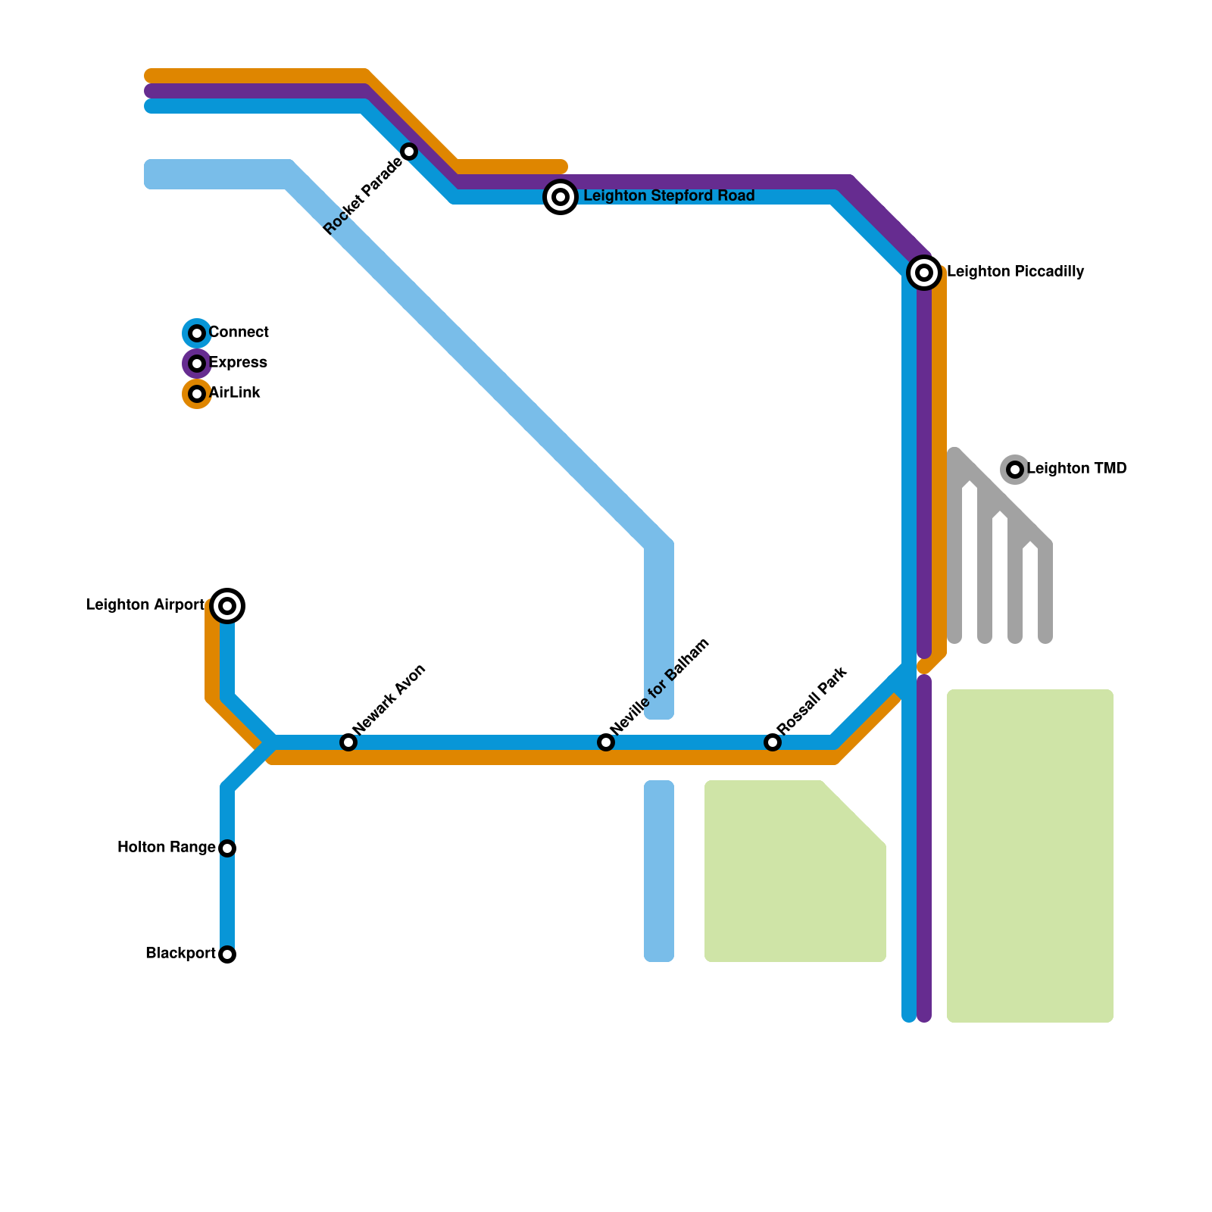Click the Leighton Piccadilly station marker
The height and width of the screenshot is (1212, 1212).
pyautogui.click(x=924, y=273)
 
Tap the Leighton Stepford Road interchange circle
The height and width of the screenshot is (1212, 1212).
pyautogui.click(x=561, y=197)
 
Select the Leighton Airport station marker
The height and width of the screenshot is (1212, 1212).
pyautogui.click(x=227, y=606)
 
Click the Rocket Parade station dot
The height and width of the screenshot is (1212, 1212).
pyautogui.click(x=409, y=151)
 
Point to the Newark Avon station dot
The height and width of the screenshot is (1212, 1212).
pyautogui.click(x=348, y=742)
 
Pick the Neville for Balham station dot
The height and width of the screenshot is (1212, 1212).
pyautogui.click(x=606, y=742)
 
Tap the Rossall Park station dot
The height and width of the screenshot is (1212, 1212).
pyautogui.click(x=773, y=742)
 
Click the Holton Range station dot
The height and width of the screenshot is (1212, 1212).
pyautogui.click(x=227, y=848)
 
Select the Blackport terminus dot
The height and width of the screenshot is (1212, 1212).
pyautogui.click(x=227, y=954)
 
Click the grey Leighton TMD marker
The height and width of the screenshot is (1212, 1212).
pyautogui.click(x=1015, y=470)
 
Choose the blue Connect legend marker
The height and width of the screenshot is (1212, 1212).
pyautogui.click(x=197, y=333)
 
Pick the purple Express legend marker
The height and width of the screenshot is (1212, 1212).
pyautogui.click(x=197, y=364)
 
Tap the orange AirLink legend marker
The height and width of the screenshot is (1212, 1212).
pyautogui.click(x=197, y=394)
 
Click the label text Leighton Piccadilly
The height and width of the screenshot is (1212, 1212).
pyautogui.click(x=1015, y=272)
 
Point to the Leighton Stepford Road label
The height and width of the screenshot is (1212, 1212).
pyautogui.click(x=669, y=196)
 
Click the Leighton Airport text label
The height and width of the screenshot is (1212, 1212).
pyautogui.click(x=145, y=605)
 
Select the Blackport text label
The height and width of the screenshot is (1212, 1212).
pyautogui.click(x=180, y=954)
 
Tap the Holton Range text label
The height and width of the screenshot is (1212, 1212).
pyautogui.click(x=167, y=848)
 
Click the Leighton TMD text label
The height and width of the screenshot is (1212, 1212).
pyautogui.click(x=1076, y=469)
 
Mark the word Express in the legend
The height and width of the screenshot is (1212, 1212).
pyautogui.click(x=238, y=363)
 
